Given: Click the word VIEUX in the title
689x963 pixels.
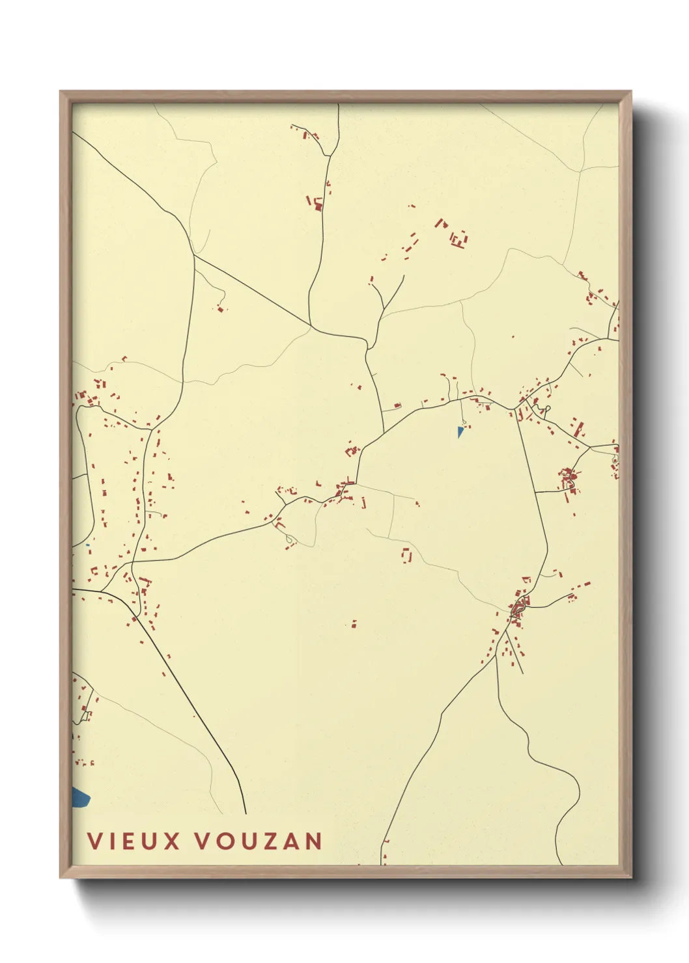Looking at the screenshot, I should point(134,841).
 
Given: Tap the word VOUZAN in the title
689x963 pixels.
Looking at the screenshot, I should point(259,841).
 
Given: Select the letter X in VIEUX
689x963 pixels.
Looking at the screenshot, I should point(171,841).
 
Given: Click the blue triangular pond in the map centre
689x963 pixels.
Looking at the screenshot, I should point(460,431).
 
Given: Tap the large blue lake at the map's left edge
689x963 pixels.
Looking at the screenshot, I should point(80,797).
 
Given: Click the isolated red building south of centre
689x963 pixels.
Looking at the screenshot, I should point(354,624).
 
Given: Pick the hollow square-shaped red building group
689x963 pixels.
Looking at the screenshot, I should point(408,555).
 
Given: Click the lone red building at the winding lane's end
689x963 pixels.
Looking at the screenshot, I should point(220,308).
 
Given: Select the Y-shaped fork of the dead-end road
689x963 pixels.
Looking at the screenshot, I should point(384,305).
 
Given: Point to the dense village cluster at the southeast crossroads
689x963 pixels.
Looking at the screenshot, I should point(519,608).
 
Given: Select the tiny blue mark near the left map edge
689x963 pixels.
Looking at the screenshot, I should point(87,545).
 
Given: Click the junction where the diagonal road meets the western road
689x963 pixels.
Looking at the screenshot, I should point(194,255).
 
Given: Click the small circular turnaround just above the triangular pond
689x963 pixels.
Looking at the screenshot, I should point(463,421).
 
